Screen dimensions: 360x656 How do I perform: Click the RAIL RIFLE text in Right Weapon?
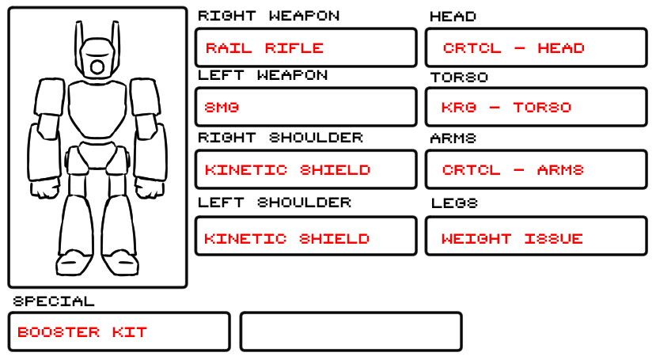tap(264, 48)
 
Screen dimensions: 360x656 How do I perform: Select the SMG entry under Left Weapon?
tap(222, 107)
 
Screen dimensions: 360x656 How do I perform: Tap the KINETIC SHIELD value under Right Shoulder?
tap(287, 170)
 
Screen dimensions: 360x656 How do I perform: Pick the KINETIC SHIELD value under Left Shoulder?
tap(287, 238)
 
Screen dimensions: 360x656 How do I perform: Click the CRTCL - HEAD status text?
tap(514, 48)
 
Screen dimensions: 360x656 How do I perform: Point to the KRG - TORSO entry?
tap(506, 107)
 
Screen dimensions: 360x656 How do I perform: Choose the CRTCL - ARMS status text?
tap(513, 170)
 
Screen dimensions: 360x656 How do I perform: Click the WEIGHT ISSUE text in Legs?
tap(512, 238)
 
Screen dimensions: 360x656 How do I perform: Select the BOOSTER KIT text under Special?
tap(82, 332)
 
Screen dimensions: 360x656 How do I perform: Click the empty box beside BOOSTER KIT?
tap(351, 332)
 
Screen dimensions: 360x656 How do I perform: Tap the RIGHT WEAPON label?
tap(268, 16)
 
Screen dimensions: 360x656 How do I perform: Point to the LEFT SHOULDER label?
tap(274, 203)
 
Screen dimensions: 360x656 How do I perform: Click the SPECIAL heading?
tap(54, 301)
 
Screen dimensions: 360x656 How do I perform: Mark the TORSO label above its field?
tap(459, 78)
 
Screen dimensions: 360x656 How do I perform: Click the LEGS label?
tap(454, 203)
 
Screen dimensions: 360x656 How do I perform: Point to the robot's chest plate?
tap(97, 111)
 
